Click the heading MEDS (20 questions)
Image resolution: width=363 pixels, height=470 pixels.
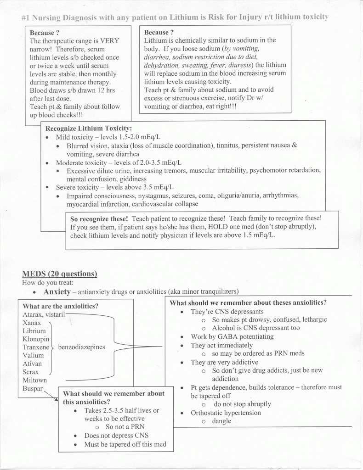pyautogui.click(x=59, y=274)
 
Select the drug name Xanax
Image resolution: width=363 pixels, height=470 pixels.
pyautogui.click(x=32, y=323)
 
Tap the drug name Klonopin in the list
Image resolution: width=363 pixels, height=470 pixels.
pyautogui.click(x=36, y=339)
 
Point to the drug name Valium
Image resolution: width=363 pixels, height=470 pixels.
pyautogui.click(x=33, y=355)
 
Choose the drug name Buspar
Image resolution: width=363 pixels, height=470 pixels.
pyautogui.click(x=33, y=389)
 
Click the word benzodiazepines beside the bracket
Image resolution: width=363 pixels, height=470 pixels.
pyautogui.click(x=81, y=347)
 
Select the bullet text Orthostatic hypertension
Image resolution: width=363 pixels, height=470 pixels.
pyautogui.click(x=226, y=413)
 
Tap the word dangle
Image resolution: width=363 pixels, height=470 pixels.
pyautogui.click(x=221, y=421)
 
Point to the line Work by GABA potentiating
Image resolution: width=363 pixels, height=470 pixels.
pyautogui.click(x=232, y=336)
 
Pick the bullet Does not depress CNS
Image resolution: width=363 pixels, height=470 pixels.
pyautogui.click(x=116, y=436)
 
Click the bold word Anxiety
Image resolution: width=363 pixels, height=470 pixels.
pyautogui.click(x=57, y=292)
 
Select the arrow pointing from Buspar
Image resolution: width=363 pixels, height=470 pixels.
pyautogui.click(x=51, y=394)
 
